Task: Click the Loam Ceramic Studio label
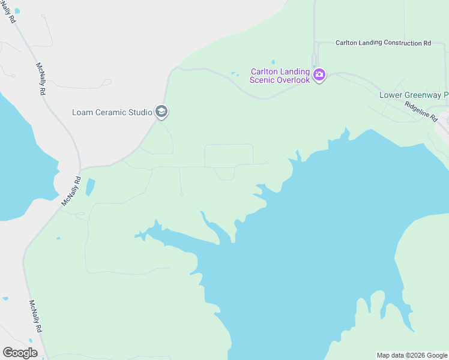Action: click(x=112, y=112)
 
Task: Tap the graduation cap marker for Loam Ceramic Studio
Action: click(x=161, y=112)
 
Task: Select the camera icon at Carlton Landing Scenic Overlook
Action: click(x=319, y=75)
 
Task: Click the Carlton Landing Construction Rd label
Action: click(x=383, y=43)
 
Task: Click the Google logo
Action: click(x=20, y=353)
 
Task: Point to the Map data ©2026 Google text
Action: click(x=412, y=355)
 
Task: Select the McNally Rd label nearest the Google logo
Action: click(x=36, y=316)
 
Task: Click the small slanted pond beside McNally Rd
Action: click(x=90, y=187)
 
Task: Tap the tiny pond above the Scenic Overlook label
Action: click(x=273, y=62)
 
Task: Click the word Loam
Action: click(x=82, y=112)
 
